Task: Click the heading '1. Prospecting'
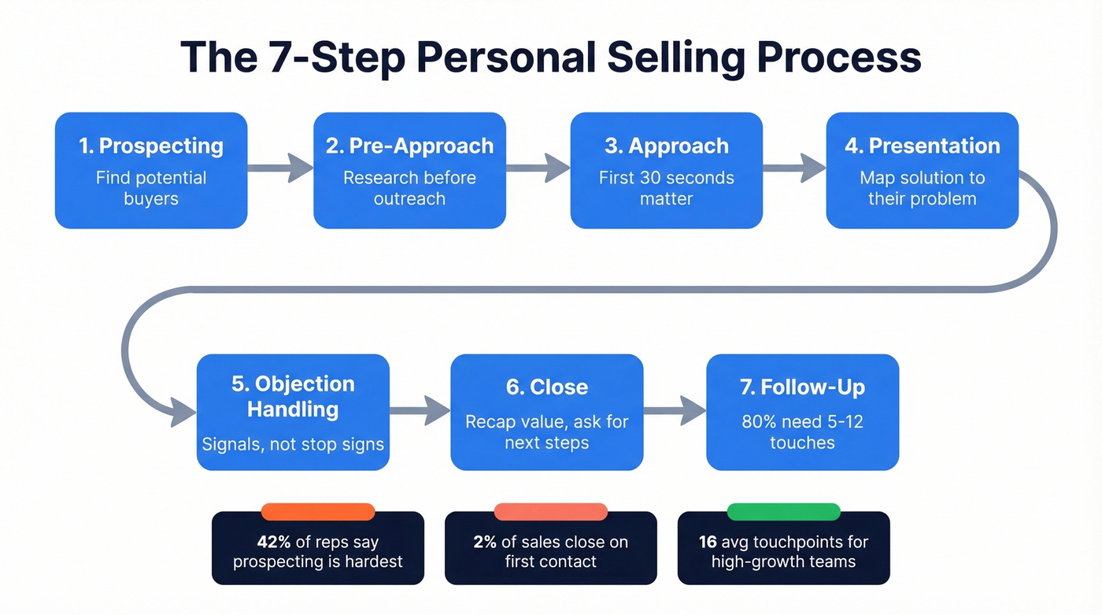(150, 146)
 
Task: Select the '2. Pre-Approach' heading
(409, 146)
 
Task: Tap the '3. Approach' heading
(667, 146)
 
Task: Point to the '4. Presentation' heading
(922, 146)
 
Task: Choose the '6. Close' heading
(546, 387)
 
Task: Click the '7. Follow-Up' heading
(802, 387)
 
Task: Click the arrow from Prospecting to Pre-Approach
(281, 167)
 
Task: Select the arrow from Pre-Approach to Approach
(538, 167)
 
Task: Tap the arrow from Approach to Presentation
(794, 167)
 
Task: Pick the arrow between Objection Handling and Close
(420, 409)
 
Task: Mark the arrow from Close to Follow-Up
(675, 409)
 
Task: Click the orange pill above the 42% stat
(317, 512)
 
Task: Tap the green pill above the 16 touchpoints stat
(783, 512)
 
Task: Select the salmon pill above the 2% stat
(550, 512)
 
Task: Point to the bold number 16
(708, 542)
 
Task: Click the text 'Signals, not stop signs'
(293, 444)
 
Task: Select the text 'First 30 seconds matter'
(667, 188)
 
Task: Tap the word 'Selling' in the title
(656, 57)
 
